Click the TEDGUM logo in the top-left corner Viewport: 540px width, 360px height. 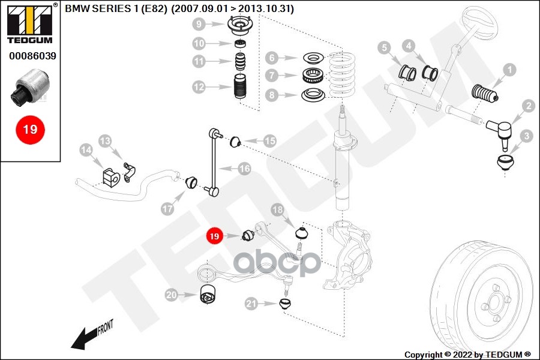pyautogui.click(x=30, y=23)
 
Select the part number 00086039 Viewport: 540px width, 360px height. pyautogui.click(x=32, y=56)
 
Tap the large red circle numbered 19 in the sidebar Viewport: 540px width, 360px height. pyautogui.click(x=30, y=130)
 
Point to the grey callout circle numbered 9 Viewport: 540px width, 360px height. pyautogui.click(x=199, y=24)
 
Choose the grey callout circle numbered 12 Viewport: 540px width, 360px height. pyautogui.click(x=199, y=87)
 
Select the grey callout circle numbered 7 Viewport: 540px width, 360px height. pyautogui.click(x=272, y=75)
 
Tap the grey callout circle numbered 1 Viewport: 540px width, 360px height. pyautogui.click(x=509, y=70)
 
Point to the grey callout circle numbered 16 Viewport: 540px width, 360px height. pyautogui.click(x=245, y=169)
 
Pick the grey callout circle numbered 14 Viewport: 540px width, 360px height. pyautogui.click(x=86, y=150)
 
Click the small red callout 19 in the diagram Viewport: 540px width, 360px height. pyautogui.click(x=214, y=236)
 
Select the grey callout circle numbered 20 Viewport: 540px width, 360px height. pyautogui.click(x=171, y=295)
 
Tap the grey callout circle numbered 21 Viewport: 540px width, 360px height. pyautogui.click(x=251, y=304)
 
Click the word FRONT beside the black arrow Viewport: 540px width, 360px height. pyautogui.click(x=106, y=328)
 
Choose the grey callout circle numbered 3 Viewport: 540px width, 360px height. pyautogui.click(x=526, y=136)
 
